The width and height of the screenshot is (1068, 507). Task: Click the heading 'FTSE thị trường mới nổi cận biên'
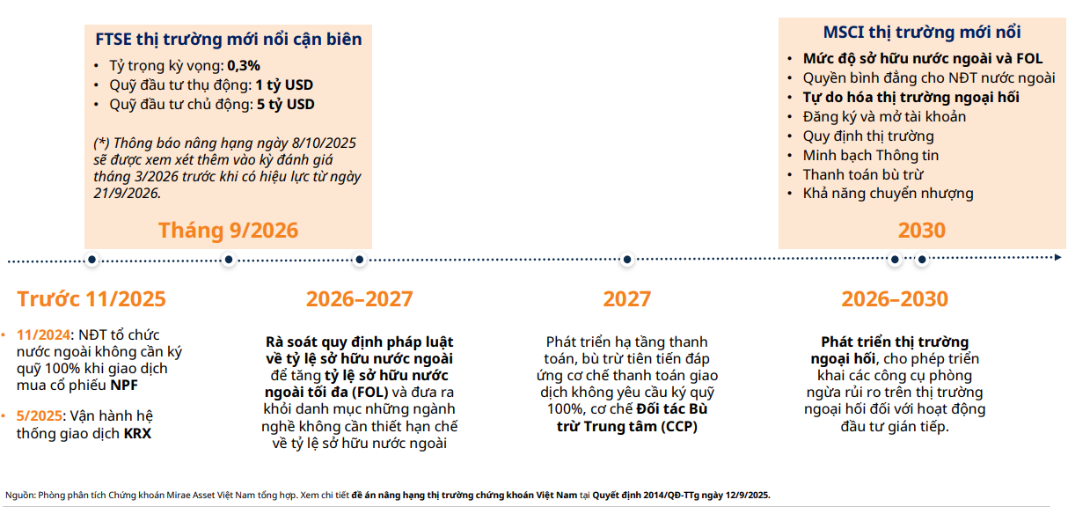(228, 40)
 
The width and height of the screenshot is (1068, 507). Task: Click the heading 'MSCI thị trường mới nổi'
(921, 33)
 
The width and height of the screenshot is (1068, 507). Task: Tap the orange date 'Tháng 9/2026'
(228, 231)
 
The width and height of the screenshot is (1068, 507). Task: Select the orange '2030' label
(921, 231)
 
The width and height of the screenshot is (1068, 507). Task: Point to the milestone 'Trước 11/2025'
(91, 299)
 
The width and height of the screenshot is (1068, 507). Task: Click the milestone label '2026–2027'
(359, 299)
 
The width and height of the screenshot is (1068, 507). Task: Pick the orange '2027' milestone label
(626, 299)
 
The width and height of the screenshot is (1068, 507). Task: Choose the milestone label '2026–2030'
(895, 299)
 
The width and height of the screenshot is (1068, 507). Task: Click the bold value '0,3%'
(244, 65)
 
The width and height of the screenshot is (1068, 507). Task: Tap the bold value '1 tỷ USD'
(284, 85)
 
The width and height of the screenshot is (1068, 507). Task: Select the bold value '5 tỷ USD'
(285, 105)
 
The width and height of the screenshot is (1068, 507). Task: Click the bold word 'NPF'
(124, 386)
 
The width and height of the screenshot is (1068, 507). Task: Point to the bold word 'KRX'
(137, 434)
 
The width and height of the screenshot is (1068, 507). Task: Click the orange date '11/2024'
(44, 335)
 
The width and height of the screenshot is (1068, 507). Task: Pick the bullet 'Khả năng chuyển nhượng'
(888, 194)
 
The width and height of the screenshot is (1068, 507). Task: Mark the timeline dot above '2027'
(626, 260)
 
